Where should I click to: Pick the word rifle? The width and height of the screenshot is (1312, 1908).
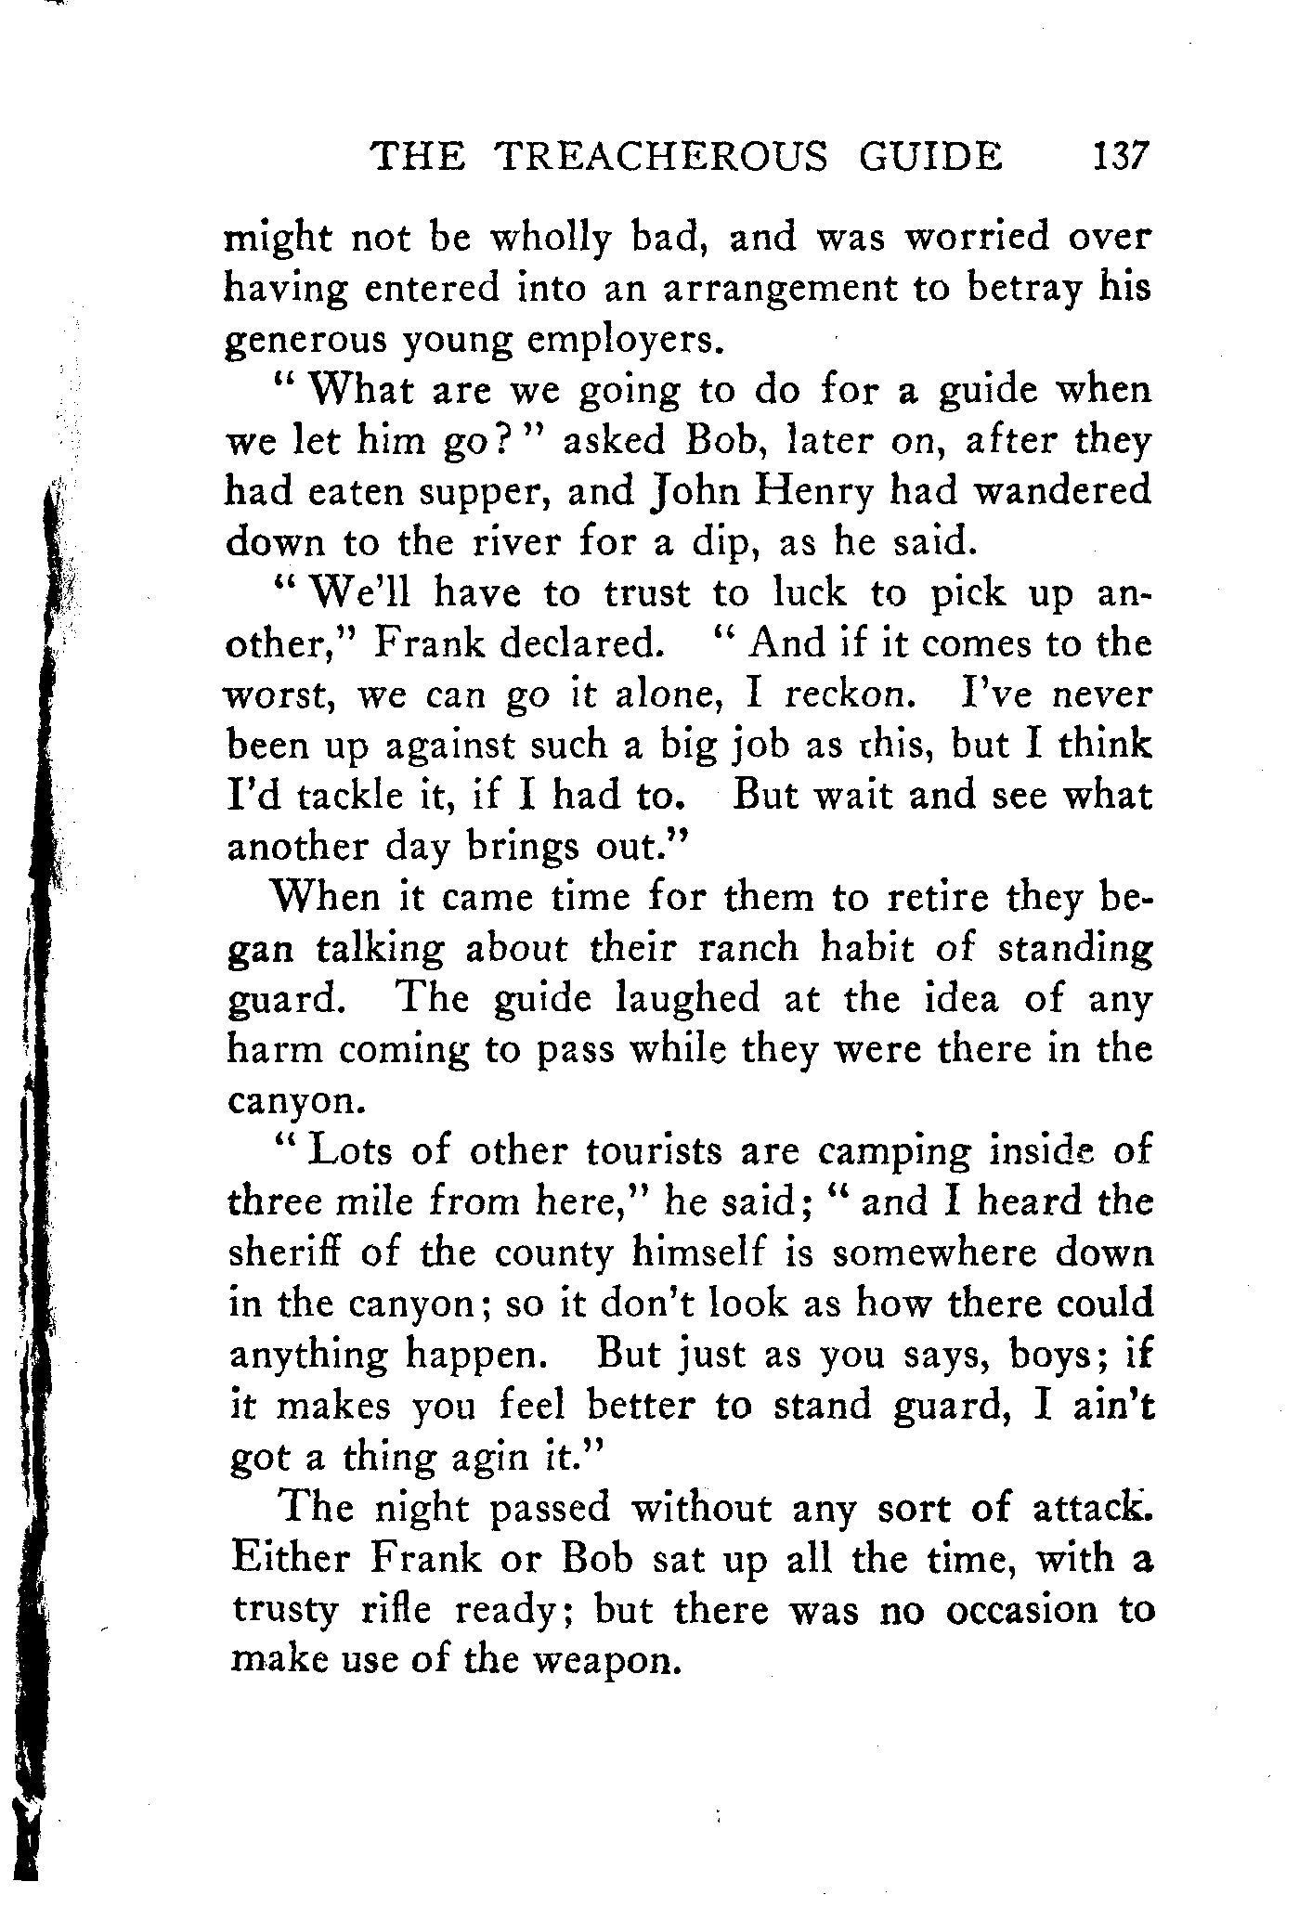(x=396, y=1610)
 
